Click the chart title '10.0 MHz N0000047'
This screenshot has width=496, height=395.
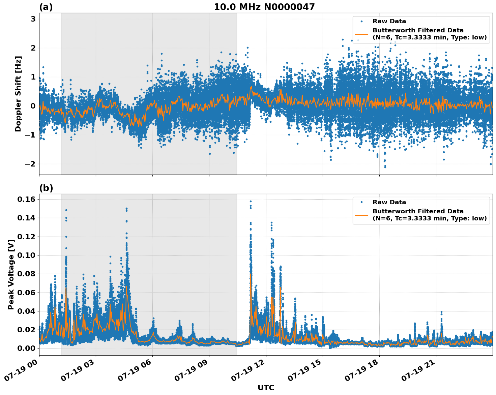pyautogui.click(x=264, y=7)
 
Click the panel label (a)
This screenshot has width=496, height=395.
pyautogui.click(x=46, y=7)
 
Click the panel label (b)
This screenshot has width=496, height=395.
pyautogui.click(x=46, y=188)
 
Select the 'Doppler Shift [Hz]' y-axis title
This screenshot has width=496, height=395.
pyautogui.click(x=18, y=94)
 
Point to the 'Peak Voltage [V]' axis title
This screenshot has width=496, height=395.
pyautogui.click(x=11, y=275)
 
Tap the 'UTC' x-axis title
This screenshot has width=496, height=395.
pyautogui.click(x=266, y=388)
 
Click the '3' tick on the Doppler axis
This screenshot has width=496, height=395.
pyautogui.click(x=33, y=19)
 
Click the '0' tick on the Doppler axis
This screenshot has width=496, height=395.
pyautogui.click(x=33, y=106)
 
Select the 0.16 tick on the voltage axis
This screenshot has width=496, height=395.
pyautogui.click(x=26, y=200)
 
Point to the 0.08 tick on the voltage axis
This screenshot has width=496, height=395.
pyautogui.click(x=26, y=274)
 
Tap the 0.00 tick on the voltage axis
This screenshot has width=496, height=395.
pyautogui.click(x=26, y=348)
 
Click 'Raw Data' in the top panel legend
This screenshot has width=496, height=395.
pyautogui.click(x=389, y=21)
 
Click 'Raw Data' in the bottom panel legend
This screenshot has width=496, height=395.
pyautogui.click(x=389, y=202)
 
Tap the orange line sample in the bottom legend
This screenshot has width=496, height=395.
pyautogui.click(x=362, y=215)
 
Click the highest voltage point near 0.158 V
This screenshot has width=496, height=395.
pyautogui.click(x=251, y=201)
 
